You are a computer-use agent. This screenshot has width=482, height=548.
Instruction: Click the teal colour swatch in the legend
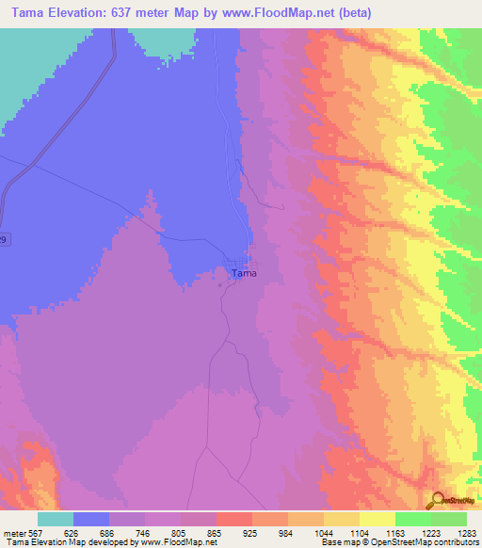(56, 519)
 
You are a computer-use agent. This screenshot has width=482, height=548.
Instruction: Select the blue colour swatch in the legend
(91, 519)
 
